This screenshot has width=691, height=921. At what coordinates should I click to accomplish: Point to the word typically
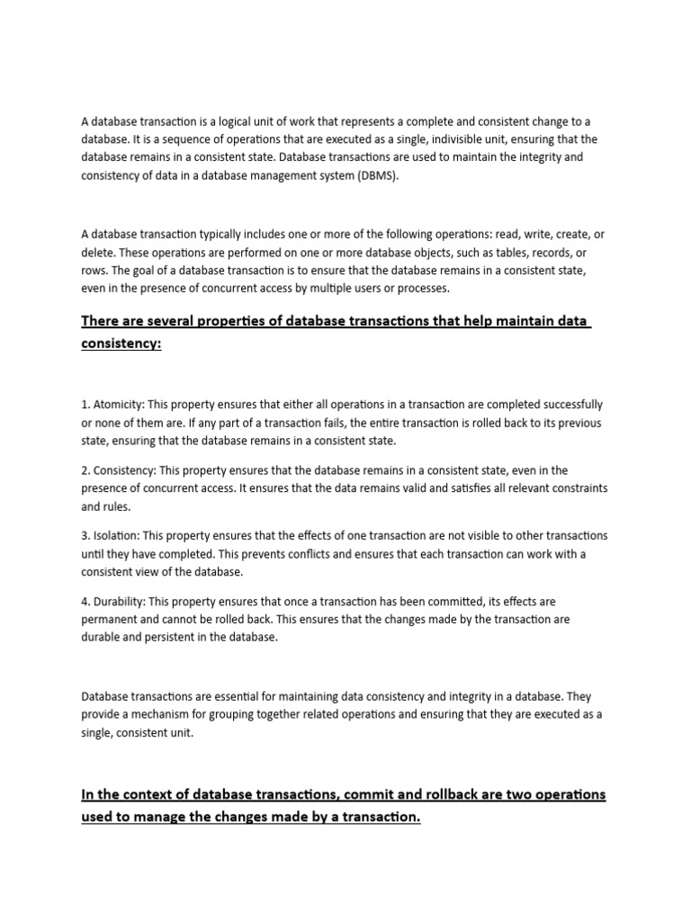coord(229,234)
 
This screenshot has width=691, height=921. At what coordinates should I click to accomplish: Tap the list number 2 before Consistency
coord(85,469)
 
